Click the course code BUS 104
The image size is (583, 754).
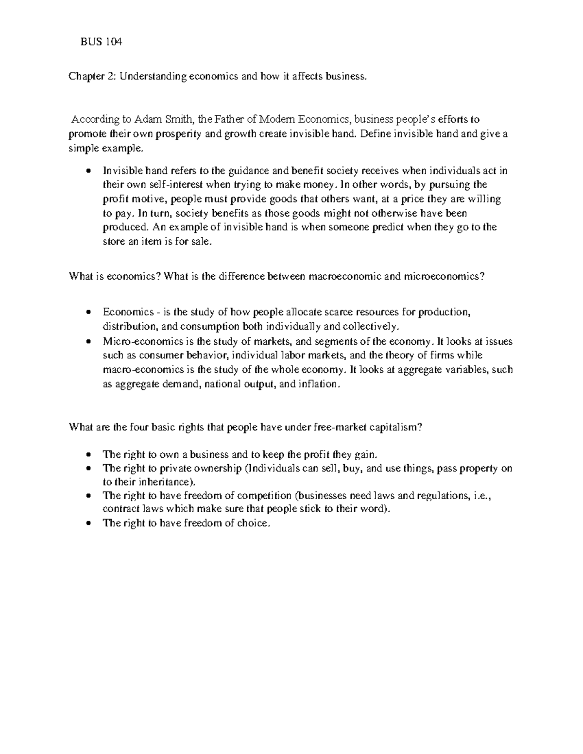[x=101, y=42]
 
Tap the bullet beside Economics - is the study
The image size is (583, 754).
[x=88, y=312]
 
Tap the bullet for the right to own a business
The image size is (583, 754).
[x=88, y=455]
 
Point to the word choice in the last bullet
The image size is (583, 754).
[x=253, y=523]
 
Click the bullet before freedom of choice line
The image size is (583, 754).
[x=88, y=524]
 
